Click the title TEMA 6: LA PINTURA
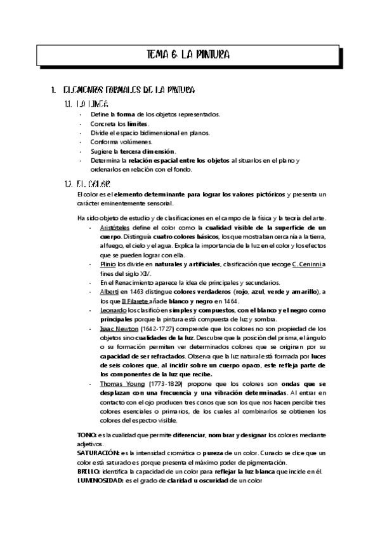point(188,55)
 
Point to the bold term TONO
point(86,433)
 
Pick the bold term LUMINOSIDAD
point(100,480)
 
